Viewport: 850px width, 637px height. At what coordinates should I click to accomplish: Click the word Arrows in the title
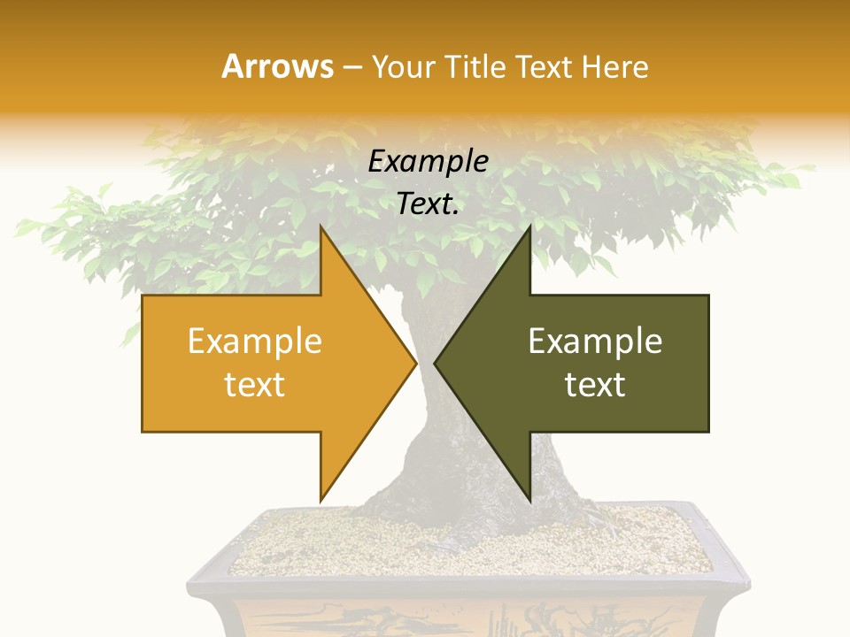[277, 66]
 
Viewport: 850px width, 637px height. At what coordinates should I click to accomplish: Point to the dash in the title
[352, 67]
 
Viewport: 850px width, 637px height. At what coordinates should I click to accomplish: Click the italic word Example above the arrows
[428, 161]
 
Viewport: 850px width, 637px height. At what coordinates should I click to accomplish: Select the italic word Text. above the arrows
[428, 204]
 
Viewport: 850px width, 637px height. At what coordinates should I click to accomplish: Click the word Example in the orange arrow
[255, 342]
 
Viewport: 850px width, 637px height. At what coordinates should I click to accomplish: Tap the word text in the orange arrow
[255, 385]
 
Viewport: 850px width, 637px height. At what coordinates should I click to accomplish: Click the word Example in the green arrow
[595, 342]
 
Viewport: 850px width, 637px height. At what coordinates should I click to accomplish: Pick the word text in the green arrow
[595, 385]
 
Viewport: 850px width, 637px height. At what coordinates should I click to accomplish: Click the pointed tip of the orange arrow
[415, 363]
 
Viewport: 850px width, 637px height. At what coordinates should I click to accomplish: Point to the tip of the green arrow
[436, 363]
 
